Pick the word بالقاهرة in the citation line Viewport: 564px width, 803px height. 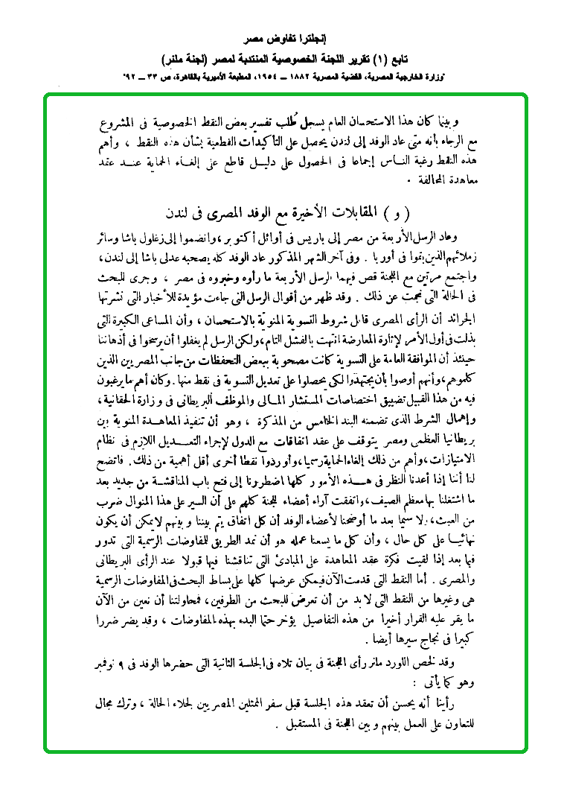pyautogui.click(x=177, y=77)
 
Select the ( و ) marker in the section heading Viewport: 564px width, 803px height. pyautogui.click(x=401, y=212)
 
